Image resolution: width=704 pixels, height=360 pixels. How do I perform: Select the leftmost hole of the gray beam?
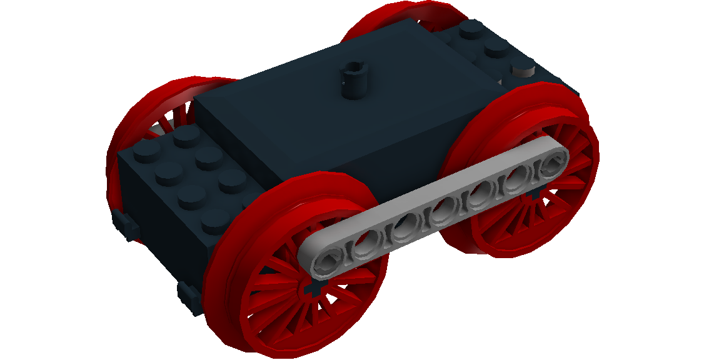[x=327, y=261]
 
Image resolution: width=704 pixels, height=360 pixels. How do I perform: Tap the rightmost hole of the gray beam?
[x=552, y=164]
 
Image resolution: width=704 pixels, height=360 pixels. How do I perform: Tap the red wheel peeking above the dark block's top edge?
[x=381, y=19]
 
